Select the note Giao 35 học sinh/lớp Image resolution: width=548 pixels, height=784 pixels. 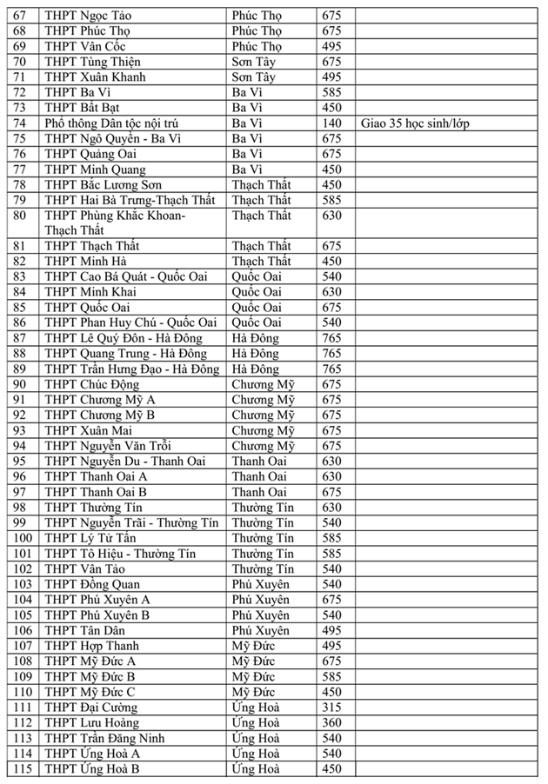(414, 123)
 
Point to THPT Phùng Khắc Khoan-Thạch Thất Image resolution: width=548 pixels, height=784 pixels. (115, 223)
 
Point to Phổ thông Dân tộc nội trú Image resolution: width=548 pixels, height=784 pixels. (124, 123)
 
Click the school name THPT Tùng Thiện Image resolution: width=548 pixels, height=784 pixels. (92, 62)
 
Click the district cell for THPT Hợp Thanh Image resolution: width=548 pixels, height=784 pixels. (253, 646)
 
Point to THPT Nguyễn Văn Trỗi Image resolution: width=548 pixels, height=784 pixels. (108, 446)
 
